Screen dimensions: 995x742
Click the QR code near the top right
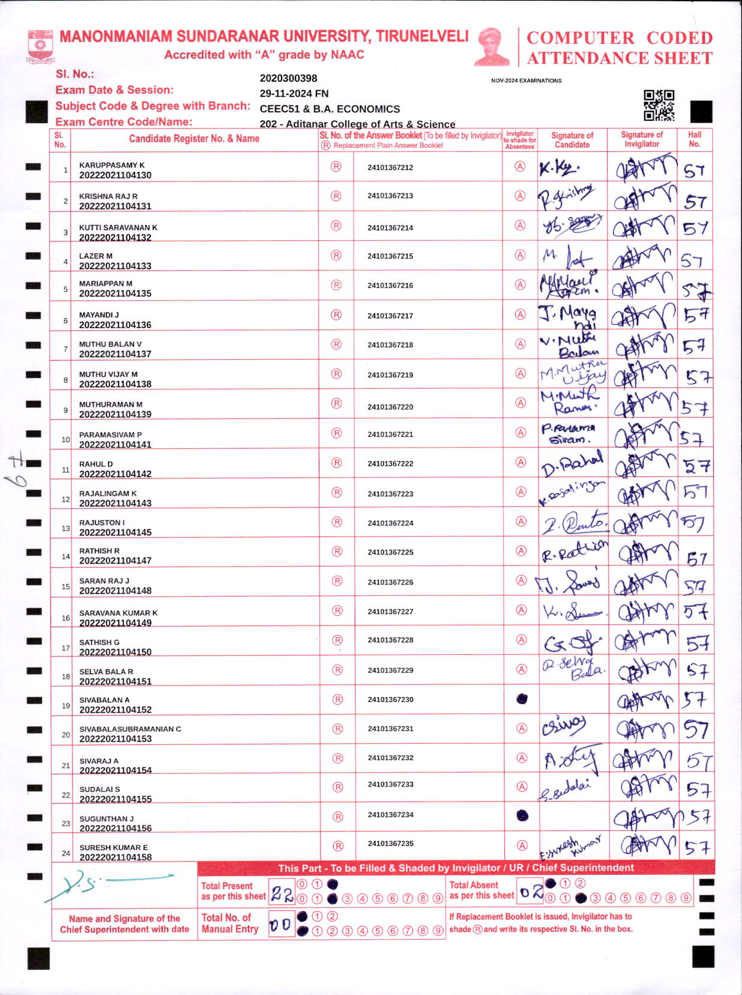(x=659, y=106)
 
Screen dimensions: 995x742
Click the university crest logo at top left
(x=40, y=46)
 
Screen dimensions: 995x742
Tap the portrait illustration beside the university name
(x=492, y=46)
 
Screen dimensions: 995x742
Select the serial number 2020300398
(x=288, y=79)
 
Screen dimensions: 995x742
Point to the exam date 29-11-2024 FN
(x=294, y=94)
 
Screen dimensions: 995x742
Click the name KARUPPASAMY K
(x=112, y=165)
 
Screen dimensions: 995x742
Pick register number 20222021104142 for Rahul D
(x=115, y=474)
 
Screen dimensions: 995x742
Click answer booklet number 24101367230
(x=390, y=700)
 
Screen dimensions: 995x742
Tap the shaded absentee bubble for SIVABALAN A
(x=522, y=699)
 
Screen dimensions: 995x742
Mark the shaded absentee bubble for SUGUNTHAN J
(x=522, y=815)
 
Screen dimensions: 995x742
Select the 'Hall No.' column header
(x=695, y=139)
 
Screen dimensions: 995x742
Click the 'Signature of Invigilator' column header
(x=642, y=139)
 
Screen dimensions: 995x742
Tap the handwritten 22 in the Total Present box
(x=282, y=895)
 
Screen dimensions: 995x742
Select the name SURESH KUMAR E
(x=113, y=848)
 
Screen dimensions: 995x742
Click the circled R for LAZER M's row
(x=336, y=255)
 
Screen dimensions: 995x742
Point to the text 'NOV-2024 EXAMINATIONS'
(x=526, y=81)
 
